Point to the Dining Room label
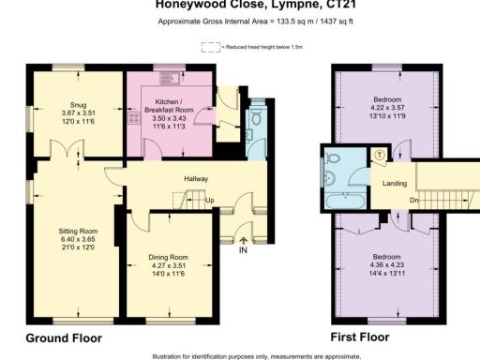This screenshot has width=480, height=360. tap(169, 256)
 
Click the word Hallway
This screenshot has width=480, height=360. tap(194, 179)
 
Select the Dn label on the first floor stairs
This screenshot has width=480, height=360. tap(413, 200)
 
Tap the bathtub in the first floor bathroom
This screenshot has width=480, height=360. tap(347, 200)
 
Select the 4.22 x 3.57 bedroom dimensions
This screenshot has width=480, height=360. tap(387, 109)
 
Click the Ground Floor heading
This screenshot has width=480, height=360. tap(63, 337)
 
